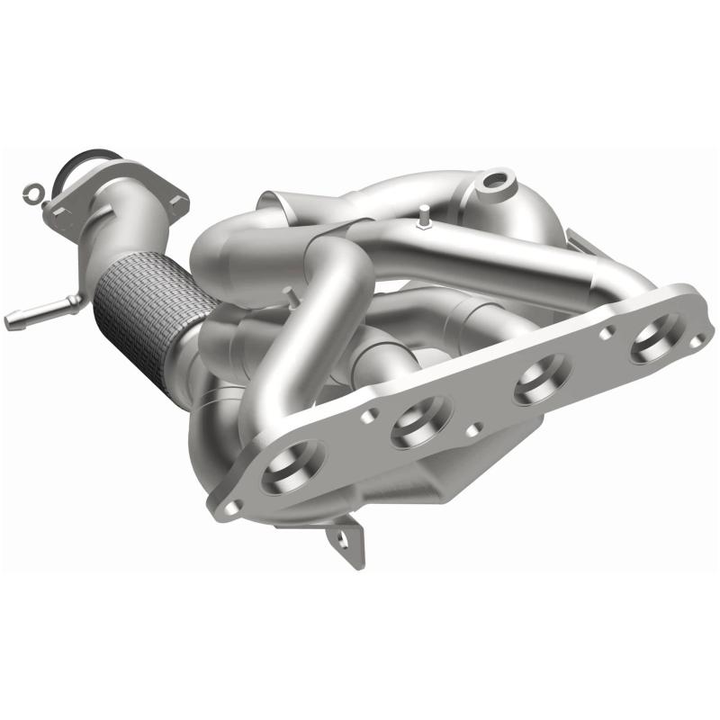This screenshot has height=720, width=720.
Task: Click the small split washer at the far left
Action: click(32, 192)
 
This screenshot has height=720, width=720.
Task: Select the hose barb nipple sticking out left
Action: click(27, 315)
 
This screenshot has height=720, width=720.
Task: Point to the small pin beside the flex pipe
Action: click(286, 293)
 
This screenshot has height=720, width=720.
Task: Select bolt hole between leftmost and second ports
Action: click(368, 418)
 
